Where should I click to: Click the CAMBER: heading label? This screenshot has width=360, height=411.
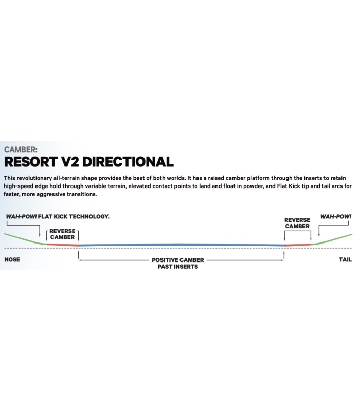21,150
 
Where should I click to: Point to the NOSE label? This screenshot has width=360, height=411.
12,259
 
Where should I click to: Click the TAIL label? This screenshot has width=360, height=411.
345,259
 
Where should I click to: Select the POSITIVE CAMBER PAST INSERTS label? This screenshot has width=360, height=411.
178,263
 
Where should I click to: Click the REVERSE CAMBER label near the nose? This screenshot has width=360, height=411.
62,234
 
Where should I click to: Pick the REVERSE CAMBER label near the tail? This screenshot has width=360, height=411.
297,223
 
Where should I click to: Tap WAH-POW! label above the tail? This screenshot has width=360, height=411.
336,216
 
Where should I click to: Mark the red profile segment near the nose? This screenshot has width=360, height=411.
62,244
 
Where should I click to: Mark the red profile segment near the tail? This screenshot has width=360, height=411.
297,245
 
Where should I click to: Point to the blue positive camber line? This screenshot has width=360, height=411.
180,245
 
